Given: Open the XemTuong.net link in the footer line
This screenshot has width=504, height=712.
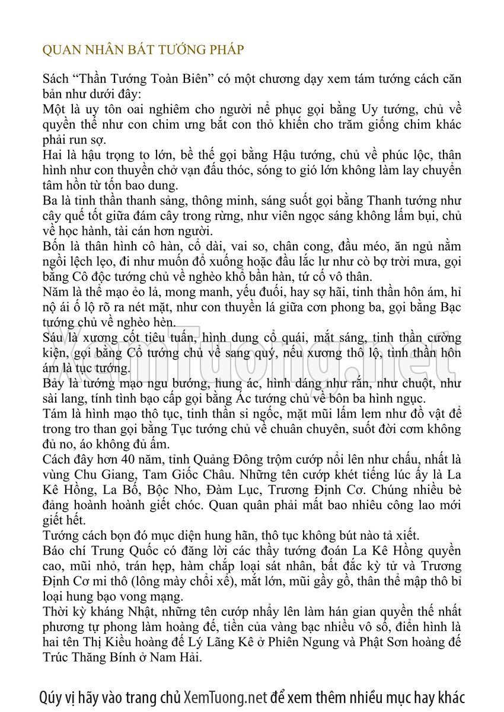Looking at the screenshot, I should point(226,697).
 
